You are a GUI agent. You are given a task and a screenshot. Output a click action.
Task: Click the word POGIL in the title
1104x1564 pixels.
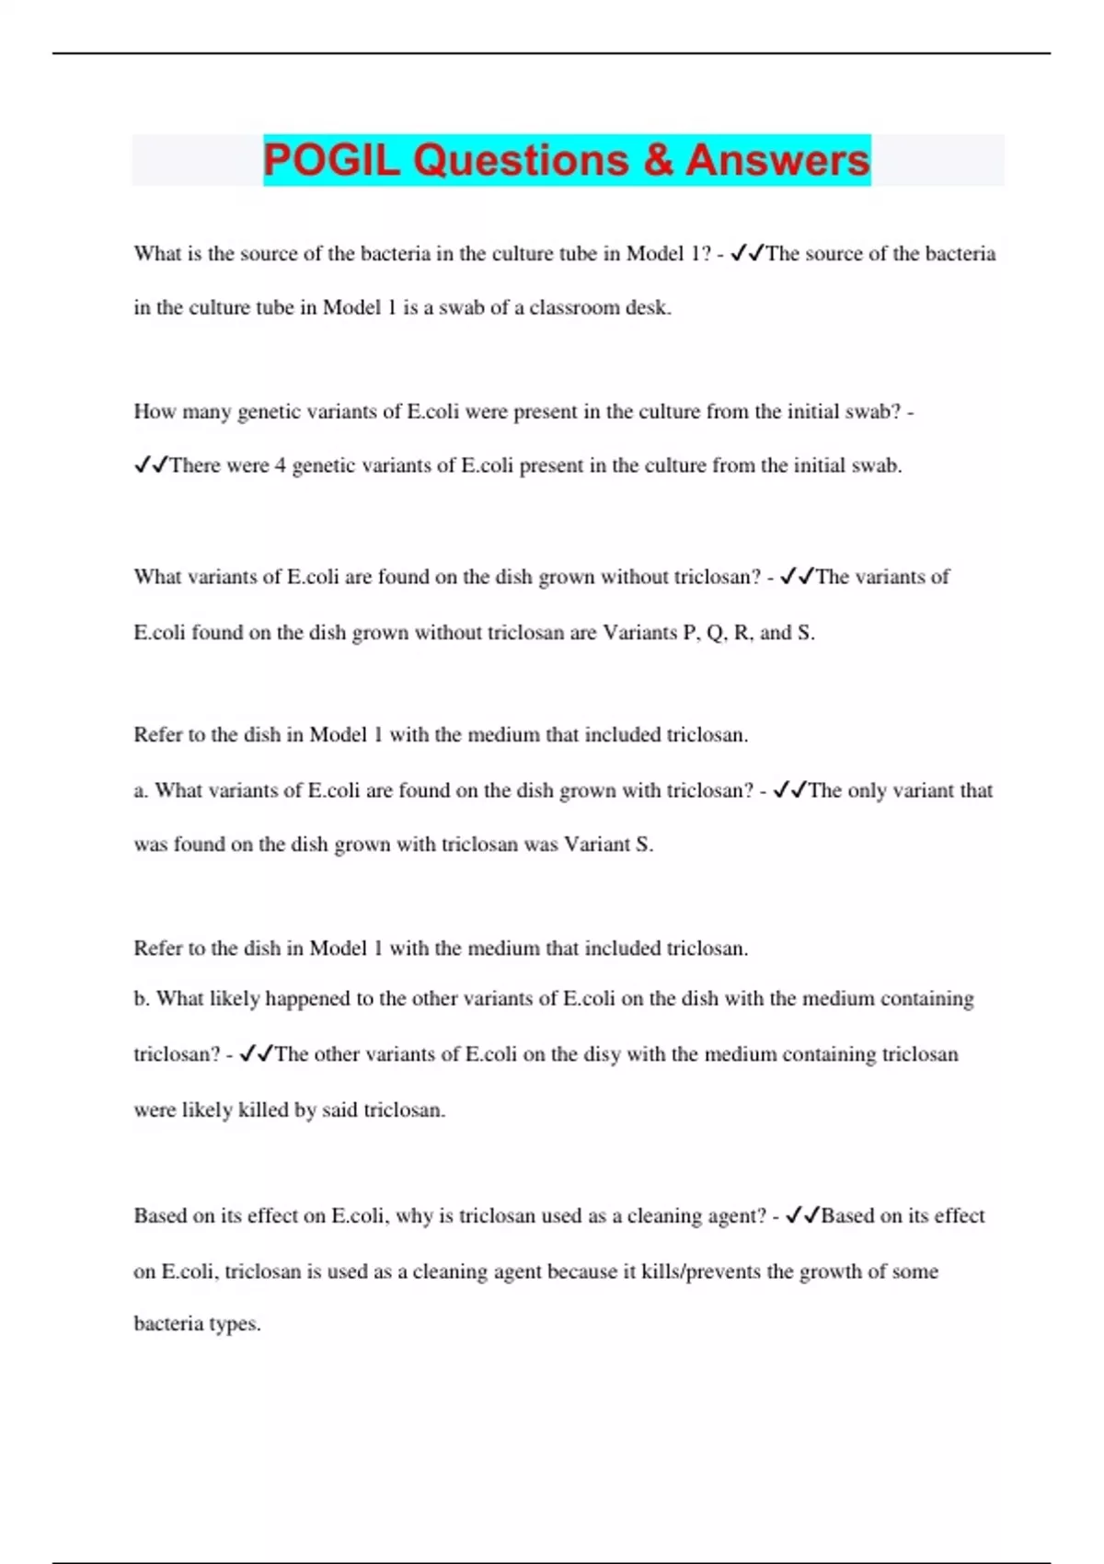pyautogui.click(x=331, y=160)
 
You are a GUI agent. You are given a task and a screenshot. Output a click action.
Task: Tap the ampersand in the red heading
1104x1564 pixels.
pyautogui.click(x=658, y=160)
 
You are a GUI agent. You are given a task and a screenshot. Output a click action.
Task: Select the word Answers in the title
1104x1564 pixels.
pyautogui.click(x=777, y=160)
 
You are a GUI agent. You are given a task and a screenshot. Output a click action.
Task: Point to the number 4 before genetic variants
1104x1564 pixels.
pyautogui.click(x=281, y=466)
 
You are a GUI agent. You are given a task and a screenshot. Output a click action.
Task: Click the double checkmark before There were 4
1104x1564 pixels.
pyautogui.click(x=151, y=466)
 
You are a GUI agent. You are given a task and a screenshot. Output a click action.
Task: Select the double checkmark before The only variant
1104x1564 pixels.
pyautogui.click(x=790, y=790)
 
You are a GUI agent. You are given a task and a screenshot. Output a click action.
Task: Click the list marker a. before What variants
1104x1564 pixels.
pyautogui.click(x=141, y=790)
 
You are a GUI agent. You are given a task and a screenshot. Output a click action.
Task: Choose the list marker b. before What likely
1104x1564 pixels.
pyautogui.click(x=141, y=999)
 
